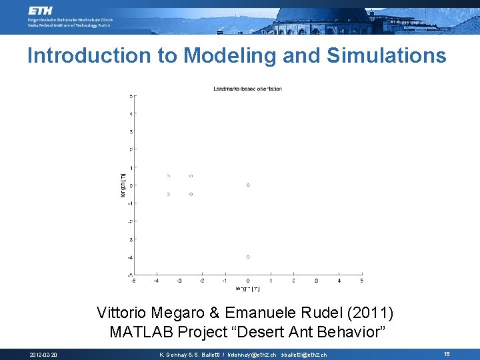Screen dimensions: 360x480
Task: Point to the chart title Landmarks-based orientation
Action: point(247,89)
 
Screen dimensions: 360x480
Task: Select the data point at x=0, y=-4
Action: point(248,257)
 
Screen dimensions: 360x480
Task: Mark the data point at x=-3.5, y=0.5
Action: point(169,176)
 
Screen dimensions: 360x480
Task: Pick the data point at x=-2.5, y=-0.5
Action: point(191,194)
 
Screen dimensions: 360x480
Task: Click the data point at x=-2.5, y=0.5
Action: point(191,176)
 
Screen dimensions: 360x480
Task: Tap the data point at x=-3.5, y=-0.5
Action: point(169,194)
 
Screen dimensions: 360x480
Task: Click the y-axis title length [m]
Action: point(123,185)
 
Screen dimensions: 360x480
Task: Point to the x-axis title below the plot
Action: point(247,289)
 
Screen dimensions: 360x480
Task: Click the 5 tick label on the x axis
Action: point(362,281)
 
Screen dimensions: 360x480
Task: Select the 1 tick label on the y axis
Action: point(130,167)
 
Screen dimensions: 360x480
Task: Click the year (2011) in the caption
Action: point(371,313)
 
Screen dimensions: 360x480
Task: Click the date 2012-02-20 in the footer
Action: point(44,355)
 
